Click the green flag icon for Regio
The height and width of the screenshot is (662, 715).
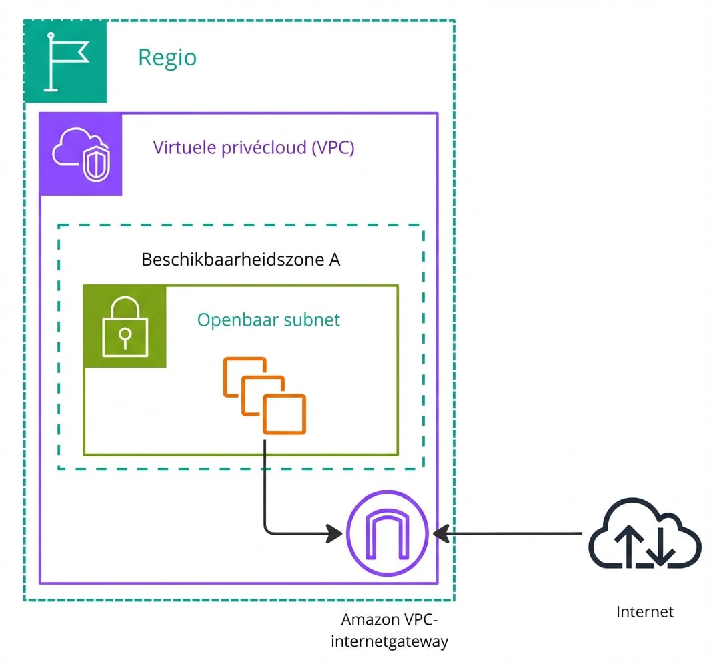[65, 61]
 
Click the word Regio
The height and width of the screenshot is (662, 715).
[167, 58]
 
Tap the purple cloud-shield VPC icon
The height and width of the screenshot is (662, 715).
[81, 154]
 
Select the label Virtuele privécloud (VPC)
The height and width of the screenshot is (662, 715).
[253, 147]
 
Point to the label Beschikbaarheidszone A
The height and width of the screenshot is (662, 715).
[241, 260]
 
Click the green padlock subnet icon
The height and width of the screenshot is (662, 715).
[125, 326]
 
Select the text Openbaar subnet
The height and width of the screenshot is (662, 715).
[268, 320]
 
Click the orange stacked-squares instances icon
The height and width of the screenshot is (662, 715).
[265, 395]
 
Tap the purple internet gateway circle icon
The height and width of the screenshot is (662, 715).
[386, 533]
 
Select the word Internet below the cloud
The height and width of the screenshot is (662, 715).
[644, 611]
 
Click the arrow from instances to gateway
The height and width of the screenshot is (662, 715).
[280, 532]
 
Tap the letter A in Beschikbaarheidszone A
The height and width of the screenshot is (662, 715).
[334, 260]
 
